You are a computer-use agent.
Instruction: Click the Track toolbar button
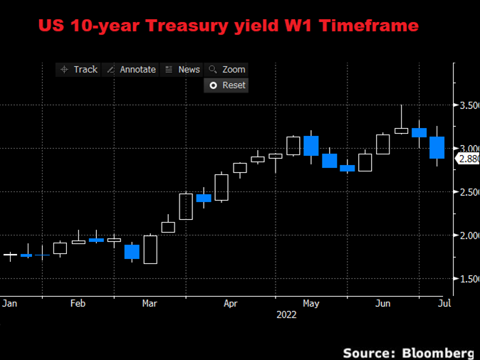coord(79,69)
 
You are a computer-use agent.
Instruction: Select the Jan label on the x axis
coord(10,303)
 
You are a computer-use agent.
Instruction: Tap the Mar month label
coord(150,303)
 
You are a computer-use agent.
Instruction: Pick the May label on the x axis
coord(311,303)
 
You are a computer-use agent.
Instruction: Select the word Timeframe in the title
coord(371,26)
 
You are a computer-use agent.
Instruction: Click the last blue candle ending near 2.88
coord(437,147)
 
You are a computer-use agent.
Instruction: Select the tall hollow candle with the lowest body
coord(150,249)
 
